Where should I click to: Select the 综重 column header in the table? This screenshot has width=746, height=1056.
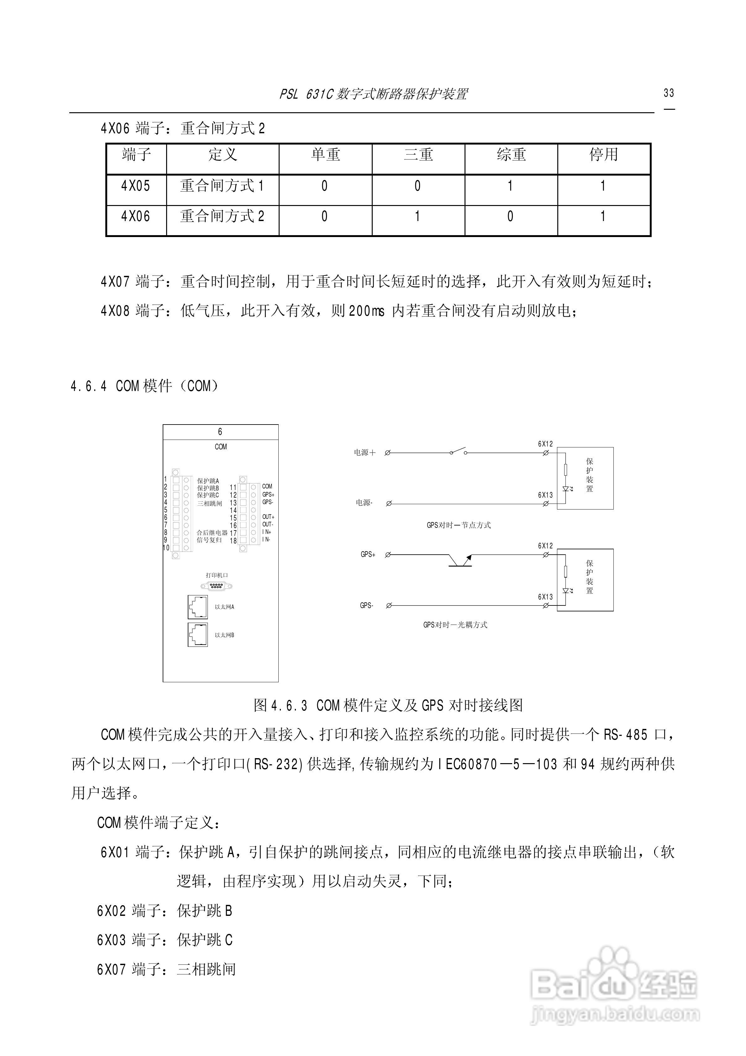click(511, 155)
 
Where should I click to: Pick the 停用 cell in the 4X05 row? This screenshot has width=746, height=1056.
click(603, 186)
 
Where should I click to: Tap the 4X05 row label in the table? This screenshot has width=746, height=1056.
click(136, 186)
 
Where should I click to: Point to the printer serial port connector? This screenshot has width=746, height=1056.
click(216, 586)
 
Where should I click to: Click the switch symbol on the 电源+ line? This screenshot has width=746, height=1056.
click(458, 451)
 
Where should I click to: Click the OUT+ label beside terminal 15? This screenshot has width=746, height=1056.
click(268, 517)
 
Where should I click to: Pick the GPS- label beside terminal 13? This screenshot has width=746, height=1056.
click(268, 502)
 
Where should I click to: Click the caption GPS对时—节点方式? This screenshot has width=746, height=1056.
click(459, 525)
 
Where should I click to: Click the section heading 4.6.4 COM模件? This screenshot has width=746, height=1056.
click(144, 386)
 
